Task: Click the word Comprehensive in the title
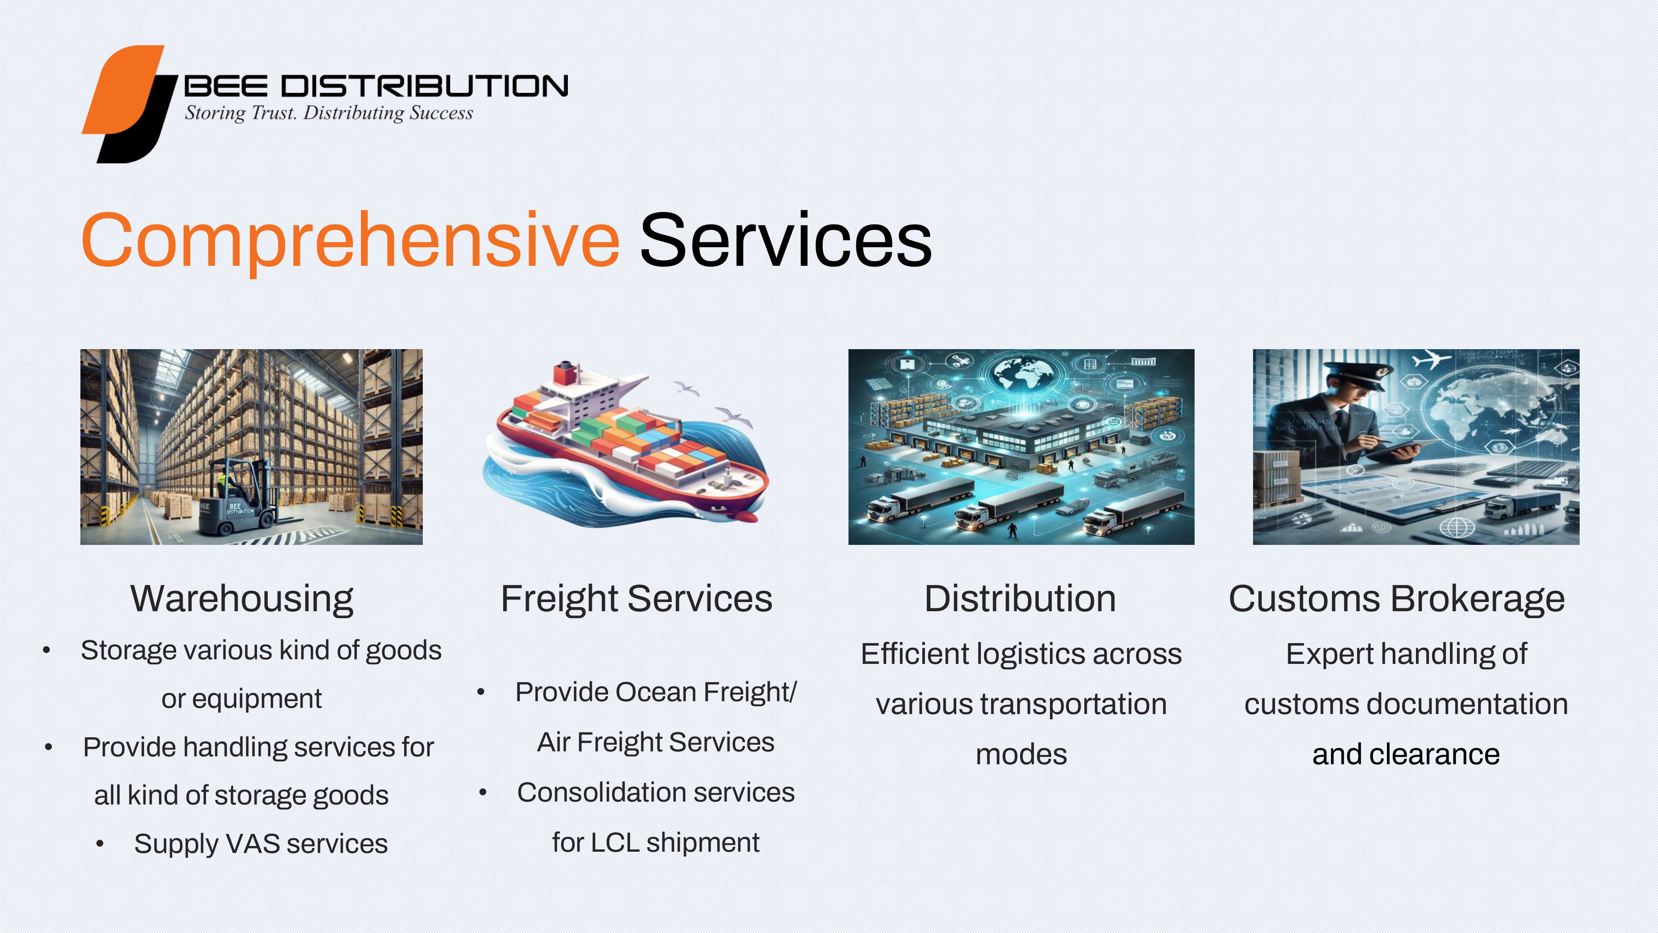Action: pyautogui.click(x=350, y=241)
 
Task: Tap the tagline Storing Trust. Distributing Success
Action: pyautogui.click(x=329, y=113)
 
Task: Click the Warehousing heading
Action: pyautogui.click(x=242, y=599)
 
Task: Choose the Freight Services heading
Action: pyautogui.click(x=637, y=599)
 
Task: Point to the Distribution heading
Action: pyautogui.click(x=1020, y=599)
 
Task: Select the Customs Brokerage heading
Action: pyautogui.click(x=1397, y=599)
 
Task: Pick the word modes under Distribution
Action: pyautogui.click(x=1021, y=755)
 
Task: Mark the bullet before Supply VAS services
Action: pyautogui.click(x=100, y=843)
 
